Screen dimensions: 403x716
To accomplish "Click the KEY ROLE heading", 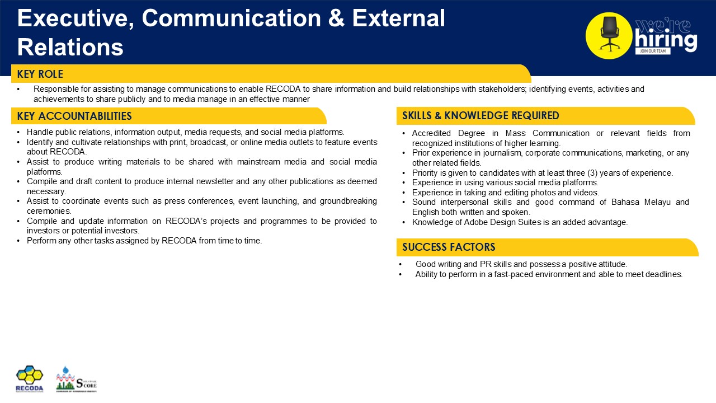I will pos(40,74).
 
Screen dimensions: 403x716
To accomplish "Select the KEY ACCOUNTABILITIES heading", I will pos(74,116).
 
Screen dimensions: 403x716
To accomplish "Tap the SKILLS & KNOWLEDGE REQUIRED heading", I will pos(481,116).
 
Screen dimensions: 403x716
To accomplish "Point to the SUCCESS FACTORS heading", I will pos(449,247).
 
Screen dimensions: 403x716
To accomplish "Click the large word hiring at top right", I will pos(666,40).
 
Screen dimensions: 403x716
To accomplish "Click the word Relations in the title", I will pos(70,48).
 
